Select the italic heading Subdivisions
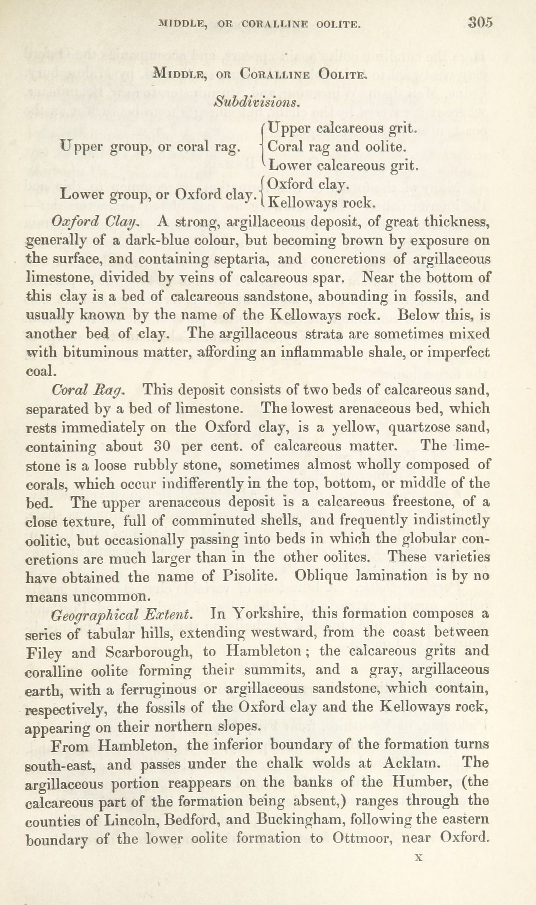point(256,102)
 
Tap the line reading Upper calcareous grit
point(342,128)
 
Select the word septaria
point(236,259)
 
